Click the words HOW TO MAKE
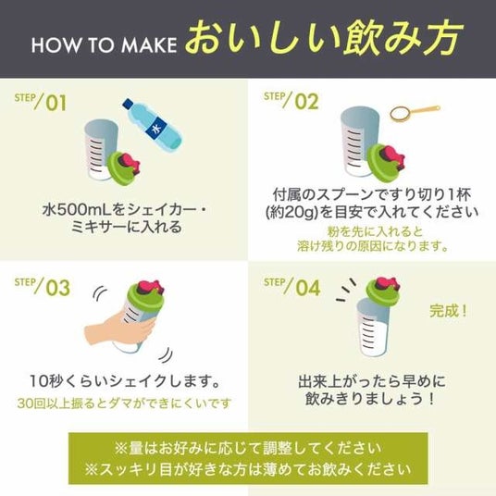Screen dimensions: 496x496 (x=104, y=45)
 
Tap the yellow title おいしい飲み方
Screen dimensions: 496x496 (x=324, y=39)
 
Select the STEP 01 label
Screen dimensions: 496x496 (x=41, y=102)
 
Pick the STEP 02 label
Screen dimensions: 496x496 (x=291, y=101)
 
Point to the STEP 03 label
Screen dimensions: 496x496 (x=42, y=287)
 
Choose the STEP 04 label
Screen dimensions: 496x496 (x=292, y=287)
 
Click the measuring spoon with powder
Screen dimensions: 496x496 (x=415, y=113)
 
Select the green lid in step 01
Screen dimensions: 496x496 (x=123, y=167)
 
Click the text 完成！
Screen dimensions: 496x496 (x=448, y=311)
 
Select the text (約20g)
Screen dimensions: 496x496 (x=291, y=212)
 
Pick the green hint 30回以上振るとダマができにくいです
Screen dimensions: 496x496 (x=125, y=403)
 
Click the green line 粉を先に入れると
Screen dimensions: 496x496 (x=375, y=231)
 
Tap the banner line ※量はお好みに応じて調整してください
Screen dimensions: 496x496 (x=248, y=449)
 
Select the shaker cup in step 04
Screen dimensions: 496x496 (x=373, y=328)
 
